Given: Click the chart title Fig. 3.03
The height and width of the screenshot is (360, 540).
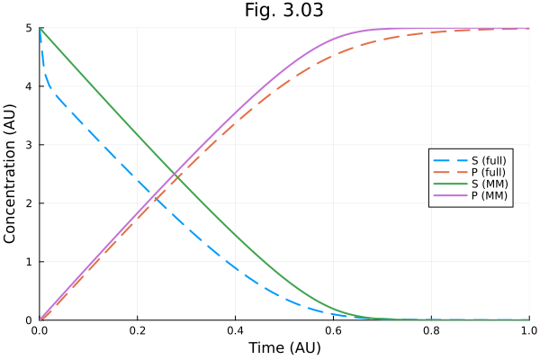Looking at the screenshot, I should (283, 11).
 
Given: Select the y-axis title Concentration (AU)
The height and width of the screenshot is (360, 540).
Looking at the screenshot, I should (11, 174).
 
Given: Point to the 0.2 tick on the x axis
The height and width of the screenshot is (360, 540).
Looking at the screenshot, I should (138, 330).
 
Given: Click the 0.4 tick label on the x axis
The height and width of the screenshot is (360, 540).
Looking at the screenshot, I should (236, 330).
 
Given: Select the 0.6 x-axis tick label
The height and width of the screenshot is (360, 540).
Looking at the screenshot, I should (333, 330).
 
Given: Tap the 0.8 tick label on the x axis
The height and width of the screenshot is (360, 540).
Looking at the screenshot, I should (431, 330).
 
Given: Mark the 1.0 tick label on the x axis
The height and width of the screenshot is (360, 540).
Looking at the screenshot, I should (527, 330).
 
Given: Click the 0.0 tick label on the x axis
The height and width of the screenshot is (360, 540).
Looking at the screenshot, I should (40, 330).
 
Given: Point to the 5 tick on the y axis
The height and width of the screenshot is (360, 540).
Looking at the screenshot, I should (29, 28).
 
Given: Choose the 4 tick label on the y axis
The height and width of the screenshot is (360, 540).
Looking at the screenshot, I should (29, 86).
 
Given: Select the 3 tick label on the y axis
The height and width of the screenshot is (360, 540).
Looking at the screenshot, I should (29, 145).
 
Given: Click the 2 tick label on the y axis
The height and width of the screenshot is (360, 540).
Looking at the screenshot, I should (29, 203).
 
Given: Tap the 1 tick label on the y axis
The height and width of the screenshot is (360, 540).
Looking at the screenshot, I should (29, 262).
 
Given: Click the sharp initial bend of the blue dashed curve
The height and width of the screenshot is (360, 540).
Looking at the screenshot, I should (47, 85).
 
